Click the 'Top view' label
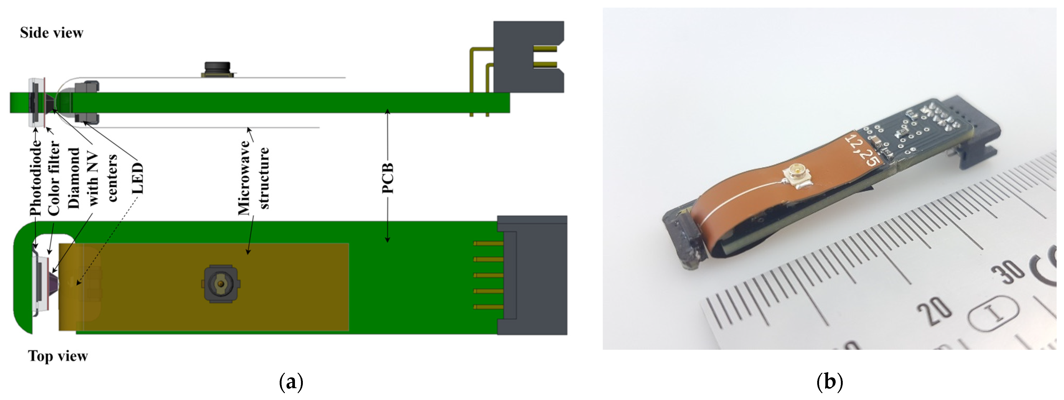click(x=58, y=356)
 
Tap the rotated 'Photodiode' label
click(x=36, y=178)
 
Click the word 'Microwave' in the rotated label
click(x=244, y=178)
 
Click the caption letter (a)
click(x=291, y=382)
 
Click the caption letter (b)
click(x=829, y=382)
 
